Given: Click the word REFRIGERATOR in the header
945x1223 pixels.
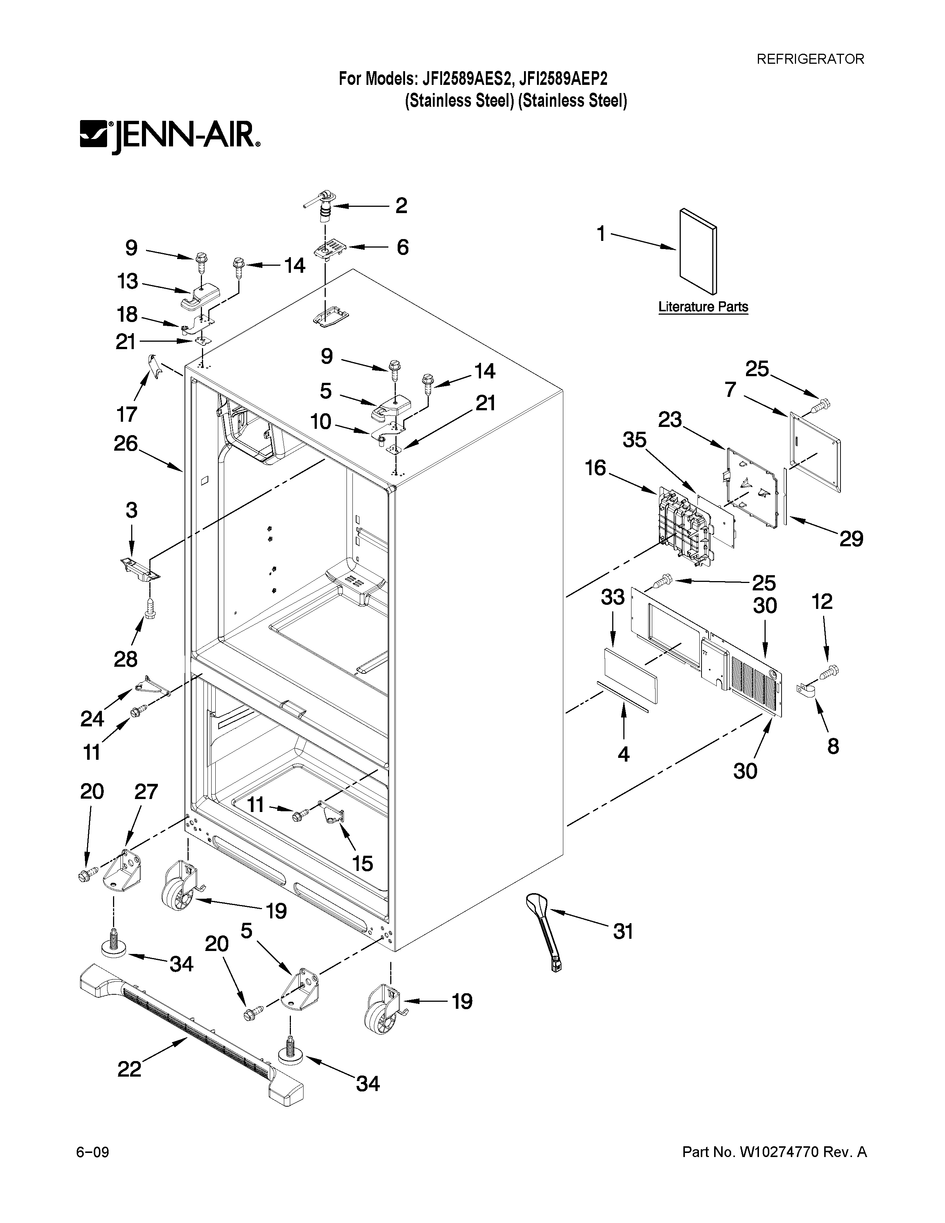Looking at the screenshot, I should click(x=810, y=59).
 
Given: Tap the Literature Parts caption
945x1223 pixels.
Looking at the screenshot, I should click(x=703, y=307).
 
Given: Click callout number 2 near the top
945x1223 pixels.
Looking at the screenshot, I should click(x=401, y=206).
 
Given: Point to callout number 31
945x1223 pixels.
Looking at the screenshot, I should click(x=623, y=932).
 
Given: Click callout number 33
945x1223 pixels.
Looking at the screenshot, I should click(x=613, y=597).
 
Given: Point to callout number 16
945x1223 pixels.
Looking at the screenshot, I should click(x=595, y=468).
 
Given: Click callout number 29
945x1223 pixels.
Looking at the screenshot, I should click(x=851, y=539).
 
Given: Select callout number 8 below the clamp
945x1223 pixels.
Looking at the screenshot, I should click(x=833, y=746).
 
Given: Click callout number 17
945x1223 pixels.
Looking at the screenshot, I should click(x=127, y=414).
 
